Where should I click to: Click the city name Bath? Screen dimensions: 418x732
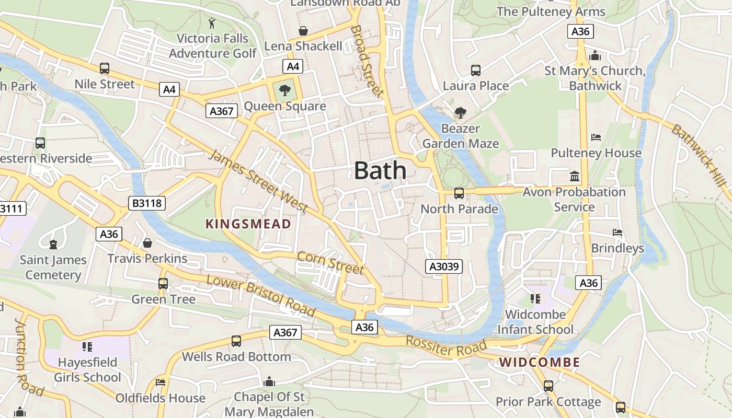(380, 171)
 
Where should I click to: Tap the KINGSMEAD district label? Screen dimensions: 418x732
(248, 224)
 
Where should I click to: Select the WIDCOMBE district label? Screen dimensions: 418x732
(539, 362)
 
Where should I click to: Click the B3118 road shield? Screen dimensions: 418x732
(147, 203)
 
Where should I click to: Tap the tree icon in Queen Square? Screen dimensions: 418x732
(285, 90)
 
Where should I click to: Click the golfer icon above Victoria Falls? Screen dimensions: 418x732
(212, 23)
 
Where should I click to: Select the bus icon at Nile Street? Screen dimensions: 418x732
(105, 68)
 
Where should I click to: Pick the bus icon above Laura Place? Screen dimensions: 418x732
(475, 70)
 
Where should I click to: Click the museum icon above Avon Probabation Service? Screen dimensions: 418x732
(575, 176)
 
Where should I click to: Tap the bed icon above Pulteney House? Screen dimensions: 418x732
(596, 137)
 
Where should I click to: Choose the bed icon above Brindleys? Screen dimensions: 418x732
(617, 233)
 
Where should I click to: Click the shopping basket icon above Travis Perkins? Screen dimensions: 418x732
(147, 243)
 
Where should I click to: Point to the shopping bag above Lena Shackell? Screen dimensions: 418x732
(303, 31)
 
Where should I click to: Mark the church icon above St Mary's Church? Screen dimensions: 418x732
(594, 55)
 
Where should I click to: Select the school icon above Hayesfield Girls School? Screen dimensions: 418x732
(87, 346)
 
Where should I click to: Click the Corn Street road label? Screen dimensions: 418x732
(330, 262)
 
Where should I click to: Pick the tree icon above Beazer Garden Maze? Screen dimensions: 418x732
(460, 112)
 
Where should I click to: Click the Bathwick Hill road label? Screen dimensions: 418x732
(700, 155)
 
